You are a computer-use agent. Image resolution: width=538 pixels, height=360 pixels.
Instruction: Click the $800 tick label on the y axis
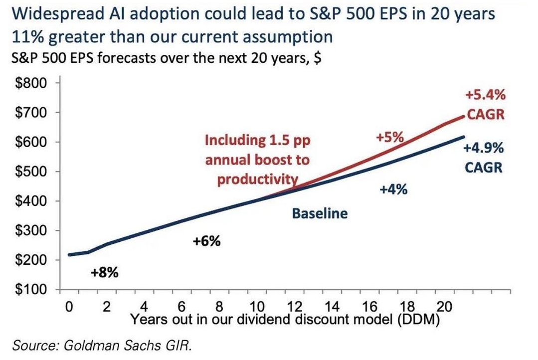click(32, 83)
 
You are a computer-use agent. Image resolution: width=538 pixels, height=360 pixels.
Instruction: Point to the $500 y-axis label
click(32, 172)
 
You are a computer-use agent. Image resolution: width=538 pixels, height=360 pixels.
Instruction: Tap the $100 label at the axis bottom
click(32, 290)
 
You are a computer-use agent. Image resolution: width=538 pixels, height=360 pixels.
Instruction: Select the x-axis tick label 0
click(69, 306)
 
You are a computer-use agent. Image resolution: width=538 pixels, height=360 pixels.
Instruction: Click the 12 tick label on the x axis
click(294, 306)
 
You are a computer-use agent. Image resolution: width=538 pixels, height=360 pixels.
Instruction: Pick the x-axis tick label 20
click(444, 306)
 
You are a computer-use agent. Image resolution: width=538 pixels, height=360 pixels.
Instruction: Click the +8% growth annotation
click(105, 273)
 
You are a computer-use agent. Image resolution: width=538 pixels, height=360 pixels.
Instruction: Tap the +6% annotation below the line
click(206, 242)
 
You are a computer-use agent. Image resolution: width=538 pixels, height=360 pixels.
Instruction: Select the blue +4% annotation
click(394, 189)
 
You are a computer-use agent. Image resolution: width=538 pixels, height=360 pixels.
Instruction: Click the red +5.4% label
click(486, 95)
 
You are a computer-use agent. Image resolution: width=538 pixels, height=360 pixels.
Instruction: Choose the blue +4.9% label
click(483, 148)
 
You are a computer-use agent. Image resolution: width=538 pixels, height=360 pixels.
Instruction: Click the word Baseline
click(319, 214)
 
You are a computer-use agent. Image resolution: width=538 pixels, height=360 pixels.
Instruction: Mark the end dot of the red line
click(465, 116)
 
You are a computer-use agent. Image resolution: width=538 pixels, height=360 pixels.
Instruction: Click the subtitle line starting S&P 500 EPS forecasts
click(165, 58)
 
